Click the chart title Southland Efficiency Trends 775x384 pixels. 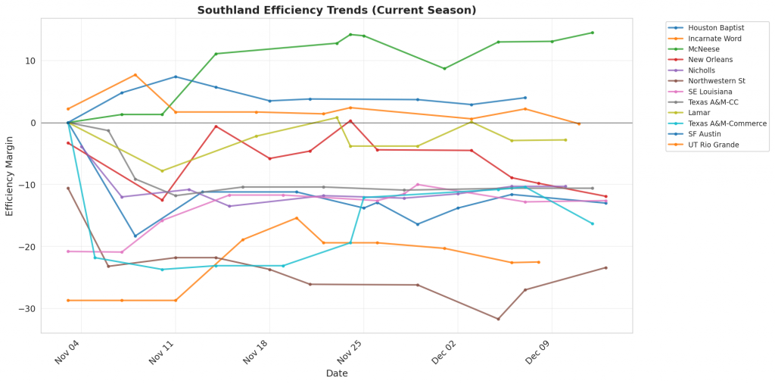(x=337, y=11)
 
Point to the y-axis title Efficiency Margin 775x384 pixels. (x=10, y=175)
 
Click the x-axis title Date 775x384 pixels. (x=337, y=373)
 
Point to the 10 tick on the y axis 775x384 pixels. (x=30, y=61)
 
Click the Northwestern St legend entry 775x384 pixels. (x=717, y=81)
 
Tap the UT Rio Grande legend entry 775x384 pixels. (x=712, y=145)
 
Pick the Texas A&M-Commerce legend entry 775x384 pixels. (x=727, y=123)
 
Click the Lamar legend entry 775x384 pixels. (x=699, y=113)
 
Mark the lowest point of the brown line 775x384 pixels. (x=498, y=319)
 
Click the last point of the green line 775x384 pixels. (x=593, y=33)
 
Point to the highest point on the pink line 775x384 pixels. (x=418, y=184)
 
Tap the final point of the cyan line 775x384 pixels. (x=593, y=223)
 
